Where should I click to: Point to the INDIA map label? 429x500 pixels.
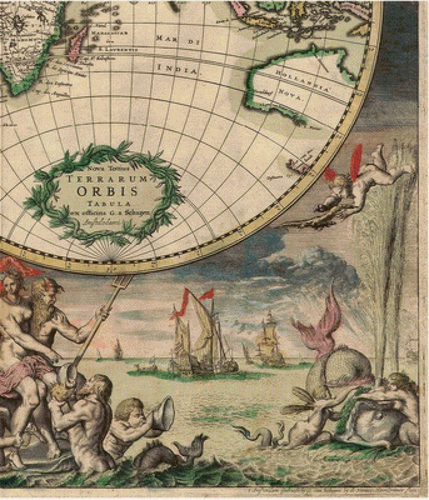(x=177, y=68)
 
